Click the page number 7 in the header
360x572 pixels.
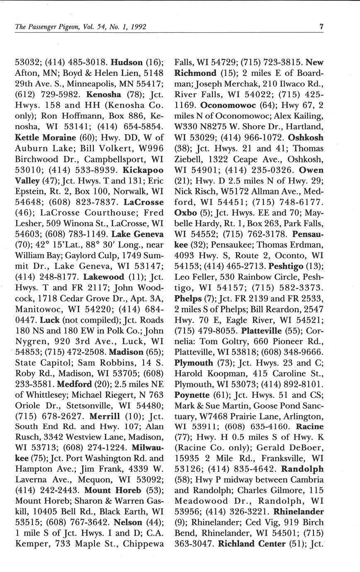point(321,27)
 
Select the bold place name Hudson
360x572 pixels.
point(127,63)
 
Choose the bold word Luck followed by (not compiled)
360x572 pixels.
point(49,320)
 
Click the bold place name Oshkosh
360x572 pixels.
point(306,138)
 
